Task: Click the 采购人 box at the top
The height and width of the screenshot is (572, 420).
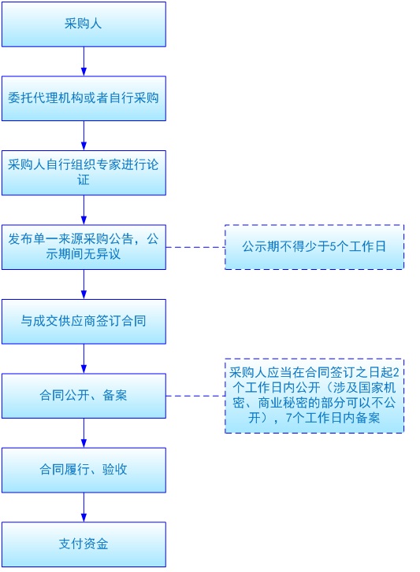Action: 84,24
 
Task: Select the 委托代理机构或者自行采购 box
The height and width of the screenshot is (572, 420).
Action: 84,98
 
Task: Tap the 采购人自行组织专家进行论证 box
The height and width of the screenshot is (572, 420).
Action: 84,172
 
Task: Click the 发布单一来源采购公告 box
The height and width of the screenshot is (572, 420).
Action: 84,246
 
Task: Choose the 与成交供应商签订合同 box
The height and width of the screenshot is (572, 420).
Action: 84,321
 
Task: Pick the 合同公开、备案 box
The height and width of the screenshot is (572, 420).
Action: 84,395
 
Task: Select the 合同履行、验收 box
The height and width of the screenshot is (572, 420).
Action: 84,470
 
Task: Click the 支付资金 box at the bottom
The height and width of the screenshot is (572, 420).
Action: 84,544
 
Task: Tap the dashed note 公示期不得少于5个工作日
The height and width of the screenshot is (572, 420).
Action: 314,247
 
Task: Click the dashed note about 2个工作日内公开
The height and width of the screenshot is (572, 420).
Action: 314,395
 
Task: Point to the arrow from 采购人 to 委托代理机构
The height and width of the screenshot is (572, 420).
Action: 84,61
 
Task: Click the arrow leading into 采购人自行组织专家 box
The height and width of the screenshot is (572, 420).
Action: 84,135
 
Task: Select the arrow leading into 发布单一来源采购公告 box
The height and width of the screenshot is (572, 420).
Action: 84,209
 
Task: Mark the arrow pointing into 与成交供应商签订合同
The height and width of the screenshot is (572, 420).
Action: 84,284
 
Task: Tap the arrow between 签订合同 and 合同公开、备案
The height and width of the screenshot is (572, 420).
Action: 84,358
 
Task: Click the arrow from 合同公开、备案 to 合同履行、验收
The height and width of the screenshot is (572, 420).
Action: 84,433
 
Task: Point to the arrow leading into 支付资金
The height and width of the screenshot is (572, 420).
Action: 84,507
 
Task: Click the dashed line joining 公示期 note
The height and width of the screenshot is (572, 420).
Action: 195,247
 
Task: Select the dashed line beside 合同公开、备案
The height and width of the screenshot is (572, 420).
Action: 195,396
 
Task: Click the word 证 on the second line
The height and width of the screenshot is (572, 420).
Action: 84,180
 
